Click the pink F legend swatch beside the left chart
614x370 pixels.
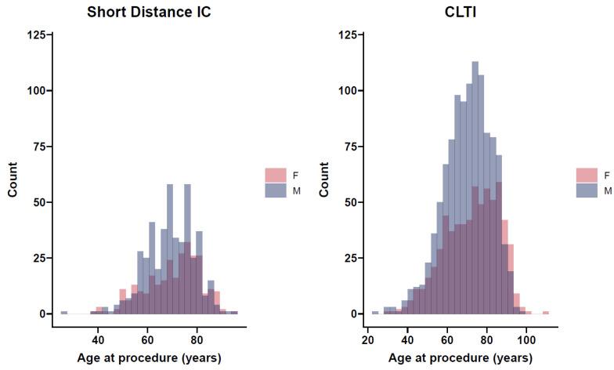[x=276, y=175]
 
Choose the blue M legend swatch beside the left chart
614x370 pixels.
[x=276, y=190]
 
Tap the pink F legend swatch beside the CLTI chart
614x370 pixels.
[x=587, y=175]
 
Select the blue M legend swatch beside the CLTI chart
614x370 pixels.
[x=587, y=190]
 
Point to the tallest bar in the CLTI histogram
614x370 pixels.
[x=475, y=188]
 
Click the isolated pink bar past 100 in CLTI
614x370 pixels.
[x=545, y=313]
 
